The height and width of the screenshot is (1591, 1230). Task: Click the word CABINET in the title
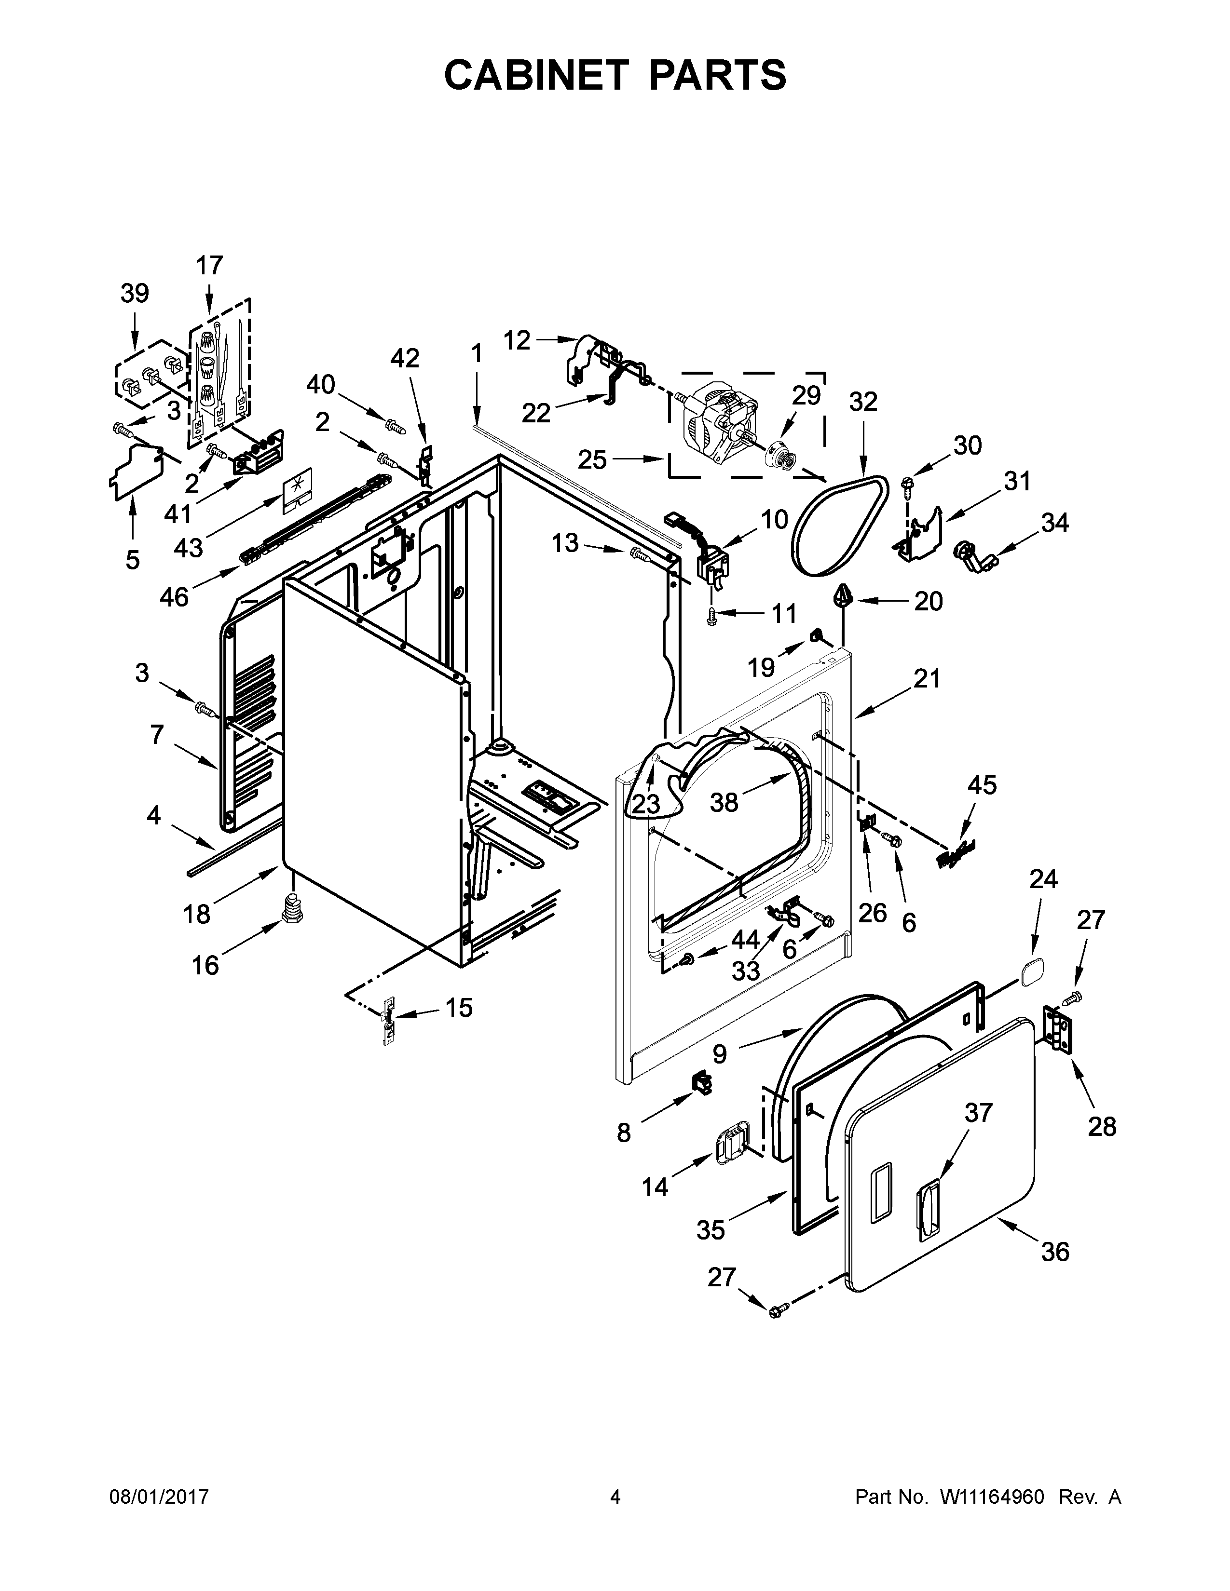(x=535, y=75)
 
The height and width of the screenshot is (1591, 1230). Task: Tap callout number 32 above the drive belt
(x=863, y=402)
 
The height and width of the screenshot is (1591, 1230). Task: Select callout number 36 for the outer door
(x=1054, y=1252)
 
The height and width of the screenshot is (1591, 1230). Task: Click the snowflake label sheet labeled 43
(x=297, y=486)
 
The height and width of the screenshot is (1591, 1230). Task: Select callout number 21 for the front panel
(x=927, y=678)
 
